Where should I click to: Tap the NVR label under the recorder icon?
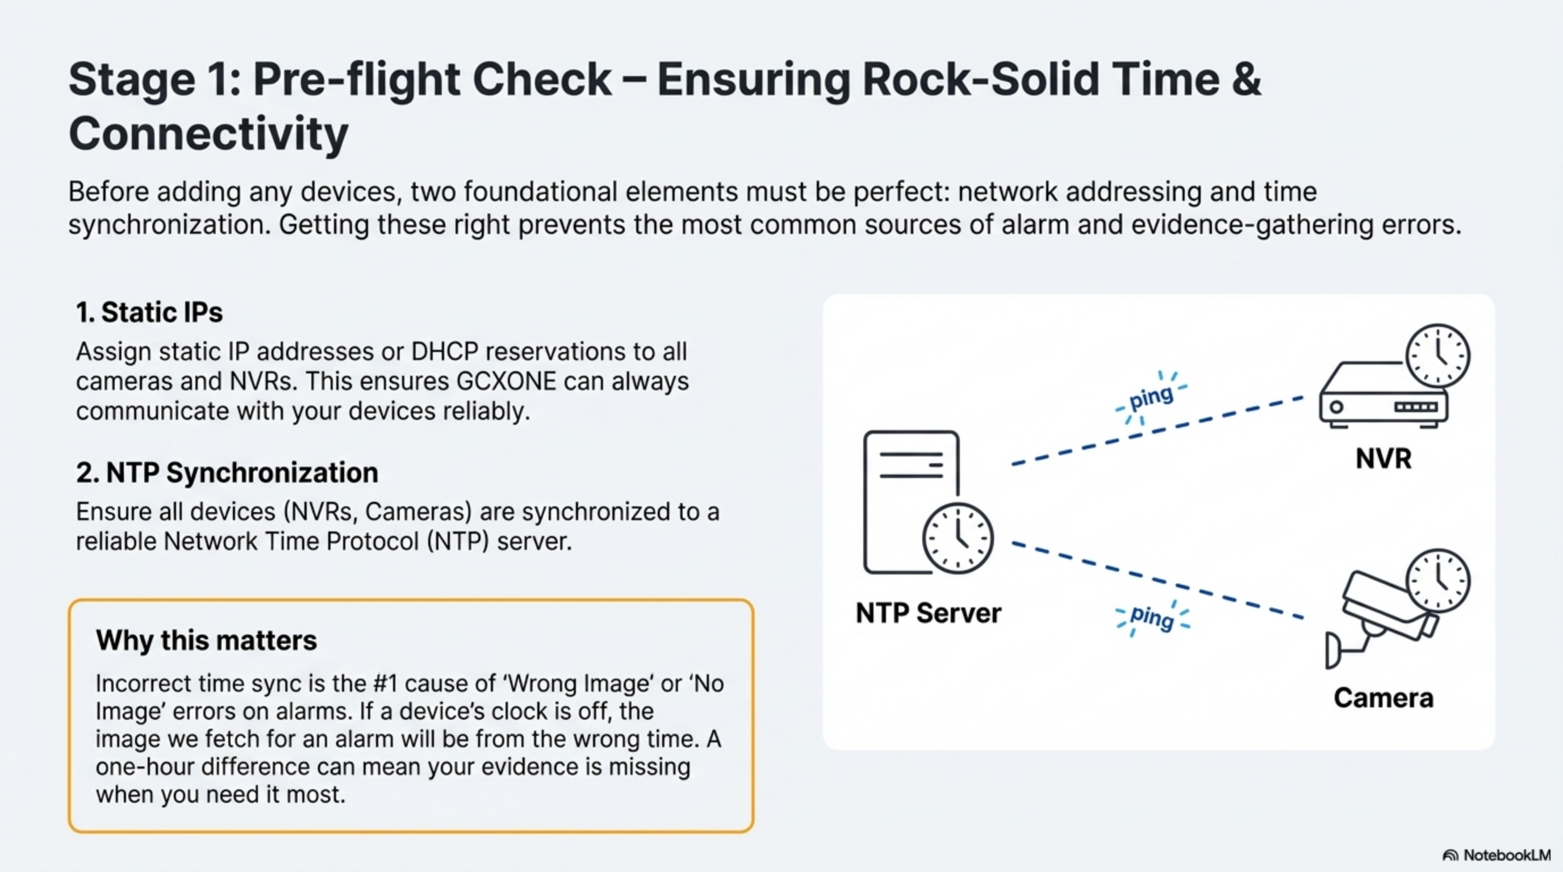coord(1383,459)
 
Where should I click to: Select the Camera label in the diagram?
coord(1383,698)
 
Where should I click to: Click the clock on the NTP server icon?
coord(958,538)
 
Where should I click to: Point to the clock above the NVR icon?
coord(1437,355)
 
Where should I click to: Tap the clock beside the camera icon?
coord(1437,580)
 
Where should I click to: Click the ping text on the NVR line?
coord(1151,397)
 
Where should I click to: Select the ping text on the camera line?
coord(1152,617)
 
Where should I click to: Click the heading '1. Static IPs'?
coord(149,313)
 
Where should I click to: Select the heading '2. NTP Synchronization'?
coord(227,473)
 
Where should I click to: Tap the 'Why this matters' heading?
coord(206,640)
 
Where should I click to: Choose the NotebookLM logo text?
coord(1507,855)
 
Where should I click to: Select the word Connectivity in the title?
coord(208,134)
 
